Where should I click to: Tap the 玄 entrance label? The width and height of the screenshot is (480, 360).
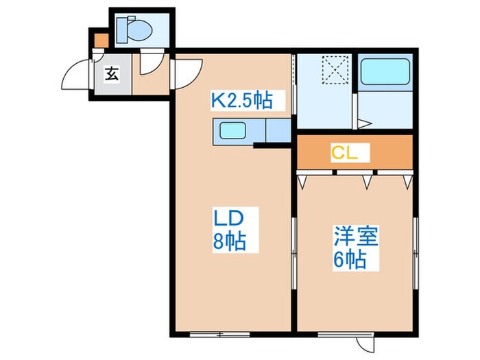click(111, 74)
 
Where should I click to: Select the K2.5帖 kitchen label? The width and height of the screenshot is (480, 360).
click(241, 102)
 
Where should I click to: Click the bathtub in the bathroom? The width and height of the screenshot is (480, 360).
click(384, 72)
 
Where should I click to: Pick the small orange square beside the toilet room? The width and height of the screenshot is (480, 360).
click(100, 40)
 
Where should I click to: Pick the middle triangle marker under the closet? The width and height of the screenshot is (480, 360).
click(368, 180)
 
